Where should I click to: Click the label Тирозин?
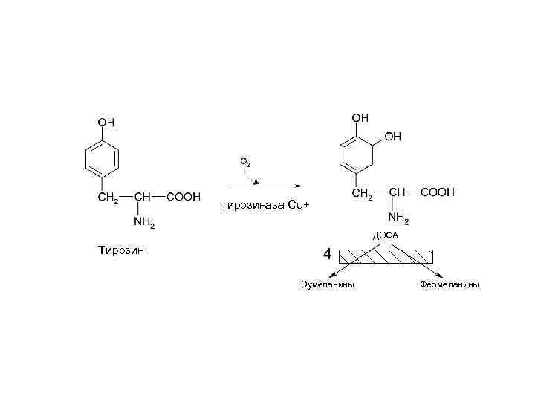[122, 250]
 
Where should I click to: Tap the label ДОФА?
[386, 235]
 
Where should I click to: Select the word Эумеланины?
[327, 284]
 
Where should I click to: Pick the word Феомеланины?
[450, 284]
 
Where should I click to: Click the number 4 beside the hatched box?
[326, 255]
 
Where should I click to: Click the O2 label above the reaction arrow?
[244, 160]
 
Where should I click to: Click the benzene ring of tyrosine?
[103, 159]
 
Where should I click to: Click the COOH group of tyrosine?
[182, 198]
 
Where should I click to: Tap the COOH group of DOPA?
[438, 192]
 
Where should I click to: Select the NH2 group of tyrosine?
[143, 221]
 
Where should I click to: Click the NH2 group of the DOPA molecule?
[398, 218]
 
